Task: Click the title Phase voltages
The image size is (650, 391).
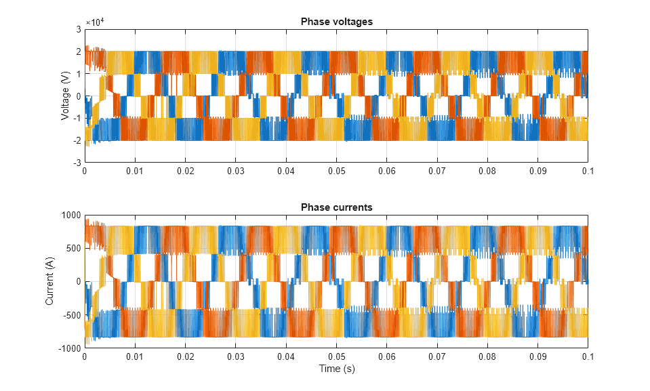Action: click(x=336, y=22)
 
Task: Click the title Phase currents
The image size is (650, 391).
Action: click(x=336, y=207)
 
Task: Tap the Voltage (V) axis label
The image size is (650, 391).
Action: click(x=66, y=96)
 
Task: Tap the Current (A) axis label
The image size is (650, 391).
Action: click(x=50, y=282)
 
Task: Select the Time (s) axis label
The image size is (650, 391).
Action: click(x=336, y=369)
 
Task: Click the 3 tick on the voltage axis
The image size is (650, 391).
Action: click(x=79, y=29)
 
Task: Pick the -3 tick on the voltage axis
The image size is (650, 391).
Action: click(x=77, y=163)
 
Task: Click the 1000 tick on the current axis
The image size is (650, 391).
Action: click(x=72, y=215)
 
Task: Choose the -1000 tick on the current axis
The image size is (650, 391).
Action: click(x=70, y=349)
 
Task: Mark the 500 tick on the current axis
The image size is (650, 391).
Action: click(x=74, y=248)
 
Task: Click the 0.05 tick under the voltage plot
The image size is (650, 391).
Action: click(x=336, y=172)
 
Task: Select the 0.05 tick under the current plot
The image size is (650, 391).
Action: click(x=336, y=357)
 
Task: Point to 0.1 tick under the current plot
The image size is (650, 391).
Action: click(x=588, y=357)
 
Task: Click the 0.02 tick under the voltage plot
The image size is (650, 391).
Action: click(x=185, y=172)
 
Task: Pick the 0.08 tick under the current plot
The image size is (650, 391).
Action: click(x=487, y=357)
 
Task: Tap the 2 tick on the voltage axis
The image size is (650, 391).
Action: click(x=79, y=52)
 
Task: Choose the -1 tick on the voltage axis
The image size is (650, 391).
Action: click(x=77, y=119)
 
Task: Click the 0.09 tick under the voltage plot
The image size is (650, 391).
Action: click(x=537, y=172)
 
